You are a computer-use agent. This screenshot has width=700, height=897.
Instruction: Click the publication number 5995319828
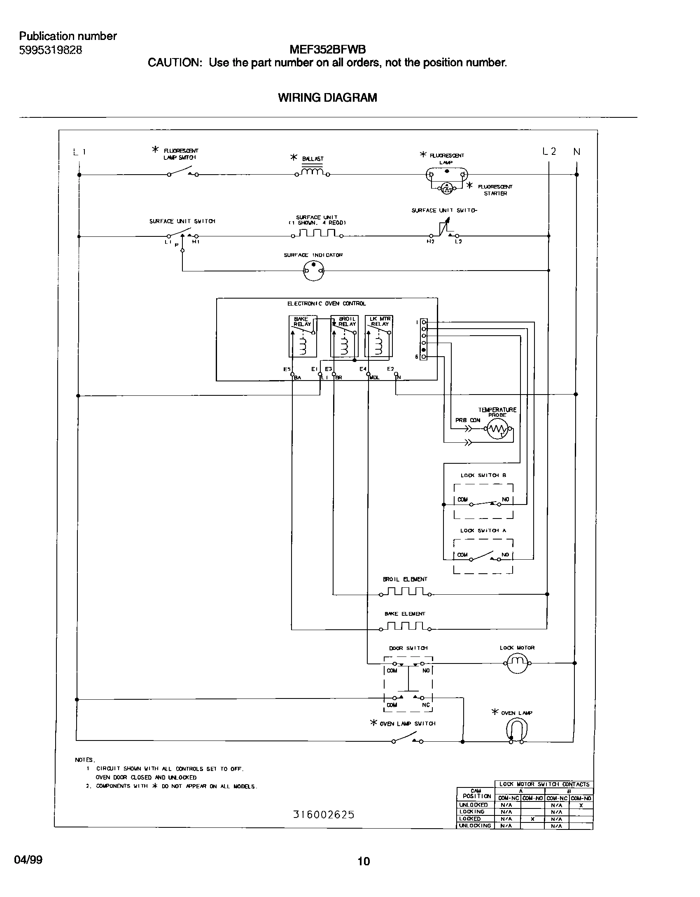coord(51,50)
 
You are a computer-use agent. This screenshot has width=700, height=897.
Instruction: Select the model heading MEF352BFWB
coord(327,50)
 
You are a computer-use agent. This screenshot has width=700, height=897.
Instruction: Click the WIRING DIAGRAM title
coord(327,98)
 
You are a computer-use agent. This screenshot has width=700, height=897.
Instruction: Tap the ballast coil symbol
coord(313,172)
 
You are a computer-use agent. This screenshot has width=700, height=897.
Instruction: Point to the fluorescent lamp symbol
coord(446,175)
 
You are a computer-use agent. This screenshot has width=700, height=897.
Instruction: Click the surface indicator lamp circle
coord(313,271)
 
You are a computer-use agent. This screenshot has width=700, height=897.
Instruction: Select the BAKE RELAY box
coord(303,336)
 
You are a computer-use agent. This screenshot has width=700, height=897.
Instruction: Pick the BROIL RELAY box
coord(344,336)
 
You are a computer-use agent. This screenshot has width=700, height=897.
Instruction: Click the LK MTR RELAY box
coord(378,336)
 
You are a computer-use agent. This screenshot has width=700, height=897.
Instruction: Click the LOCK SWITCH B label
coord(483,475)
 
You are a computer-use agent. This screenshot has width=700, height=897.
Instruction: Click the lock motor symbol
coord(517,663)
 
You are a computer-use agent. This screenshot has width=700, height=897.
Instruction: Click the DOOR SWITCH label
coord(408,648)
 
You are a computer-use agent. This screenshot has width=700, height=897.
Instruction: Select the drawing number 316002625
coord(324,814)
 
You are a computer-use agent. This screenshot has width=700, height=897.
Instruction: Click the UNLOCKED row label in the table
coord(474,805)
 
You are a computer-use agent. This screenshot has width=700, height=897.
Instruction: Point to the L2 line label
coord(549,152)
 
